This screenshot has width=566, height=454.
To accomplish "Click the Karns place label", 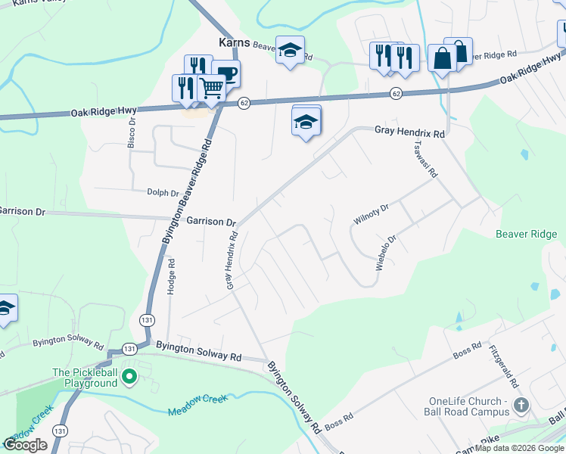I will click(234, 42).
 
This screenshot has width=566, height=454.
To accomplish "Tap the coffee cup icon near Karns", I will click(226, 74).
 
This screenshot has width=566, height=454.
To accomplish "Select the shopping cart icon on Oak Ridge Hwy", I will click(212, 89).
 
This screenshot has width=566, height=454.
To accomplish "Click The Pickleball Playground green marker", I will click(129, 375).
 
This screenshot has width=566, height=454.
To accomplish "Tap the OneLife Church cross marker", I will click(521, 405).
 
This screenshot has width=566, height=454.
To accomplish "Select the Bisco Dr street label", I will click(132, 131).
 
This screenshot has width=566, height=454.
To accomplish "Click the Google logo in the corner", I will click(26, 444).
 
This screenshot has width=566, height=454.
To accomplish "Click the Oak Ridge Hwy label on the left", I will click(104, 111).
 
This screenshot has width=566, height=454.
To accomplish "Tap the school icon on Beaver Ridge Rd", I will click(289, 51).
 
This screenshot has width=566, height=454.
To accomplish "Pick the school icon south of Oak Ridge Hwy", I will click(306, 122).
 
